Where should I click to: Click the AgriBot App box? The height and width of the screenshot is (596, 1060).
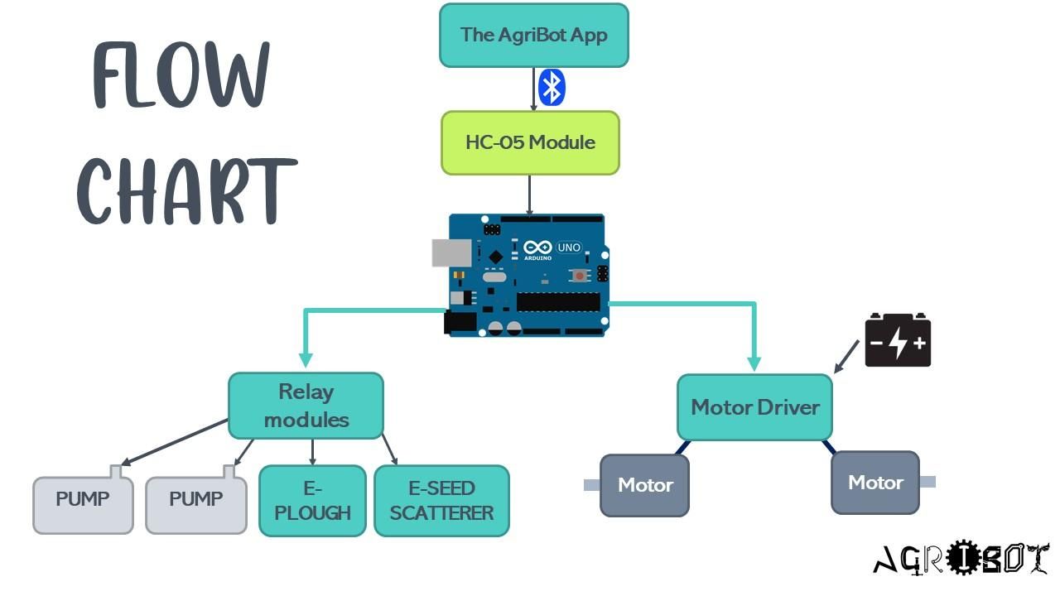click(x=533, y=35)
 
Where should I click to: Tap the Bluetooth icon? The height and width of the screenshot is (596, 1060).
click(x=552, y=88)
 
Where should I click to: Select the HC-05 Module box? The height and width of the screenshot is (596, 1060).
click(x=530, y=142)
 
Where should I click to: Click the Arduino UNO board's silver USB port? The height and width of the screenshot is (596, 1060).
click(x=451, y=253)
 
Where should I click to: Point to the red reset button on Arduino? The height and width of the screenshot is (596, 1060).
click(x=581, y=275)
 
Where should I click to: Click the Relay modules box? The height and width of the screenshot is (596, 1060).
click(x=306, y=406)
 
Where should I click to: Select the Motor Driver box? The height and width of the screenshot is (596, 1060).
click(x=754, y=407)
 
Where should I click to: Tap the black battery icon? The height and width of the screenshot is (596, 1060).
click(x=898, y=340)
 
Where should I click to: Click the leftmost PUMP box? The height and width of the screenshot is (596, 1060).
click(x=83, y=503)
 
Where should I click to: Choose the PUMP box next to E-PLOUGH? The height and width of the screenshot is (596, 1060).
click(x=196, y=503)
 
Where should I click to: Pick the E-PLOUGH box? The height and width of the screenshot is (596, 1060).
click(x=312, y=501)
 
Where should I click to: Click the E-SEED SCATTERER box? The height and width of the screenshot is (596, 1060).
click(x=441, y=501)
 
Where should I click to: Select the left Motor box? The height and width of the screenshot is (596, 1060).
click(x=644, y=485)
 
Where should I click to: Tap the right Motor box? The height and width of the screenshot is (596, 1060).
click(x=875, y=483)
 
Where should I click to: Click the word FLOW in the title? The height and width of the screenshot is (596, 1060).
click(x=181, y=76)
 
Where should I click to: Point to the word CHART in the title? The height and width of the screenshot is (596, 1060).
click(x=187, y=192)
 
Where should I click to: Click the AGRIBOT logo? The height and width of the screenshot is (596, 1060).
click(x=961, y=560)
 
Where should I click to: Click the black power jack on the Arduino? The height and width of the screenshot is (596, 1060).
click(x=460, y=323)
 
